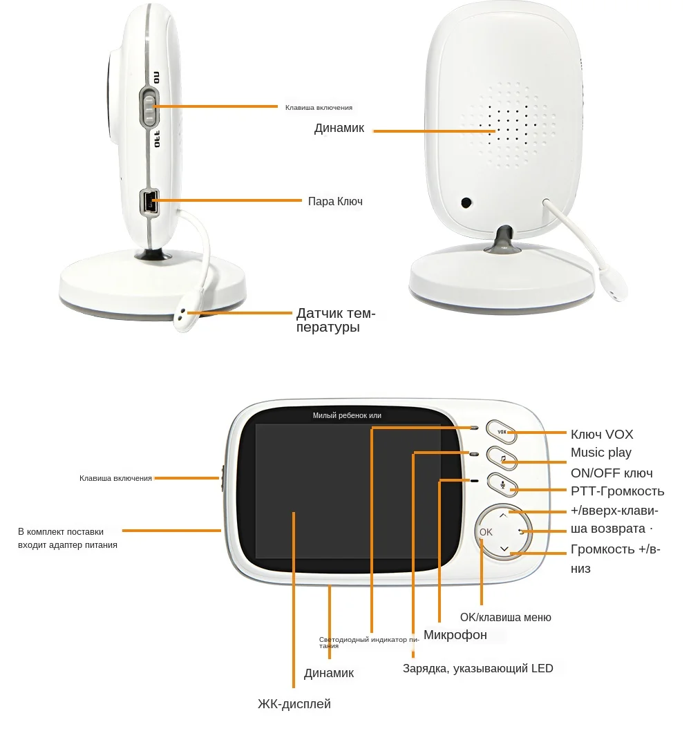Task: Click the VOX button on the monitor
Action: pos(502,432)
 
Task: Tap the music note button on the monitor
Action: pos(502,458)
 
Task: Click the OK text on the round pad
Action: pos(486,532)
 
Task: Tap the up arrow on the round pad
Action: pos(503,514)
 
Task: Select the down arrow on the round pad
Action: pos(504,549)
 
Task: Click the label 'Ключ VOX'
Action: pos(601,435)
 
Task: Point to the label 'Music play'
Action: pos(600,453)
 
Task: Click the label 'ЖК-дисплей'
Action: pos(294,704)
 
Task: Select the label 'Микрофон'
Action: pos(455,635)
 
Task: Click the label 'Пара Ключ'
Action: pos(335,202)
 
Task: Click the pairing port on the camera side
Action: pos(149,201)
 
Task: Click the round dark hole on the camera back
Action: pos(467,203)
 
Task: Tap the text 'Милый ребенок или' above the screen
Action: pos(347,415)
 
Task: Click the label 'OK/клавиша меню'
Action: pos(505,618)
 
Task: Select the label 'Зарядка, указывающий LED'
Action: pos(477,668)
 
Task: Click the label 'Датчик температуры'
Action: pos(336,320)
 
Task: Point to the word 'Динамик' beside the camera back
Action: pos(339,129)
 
